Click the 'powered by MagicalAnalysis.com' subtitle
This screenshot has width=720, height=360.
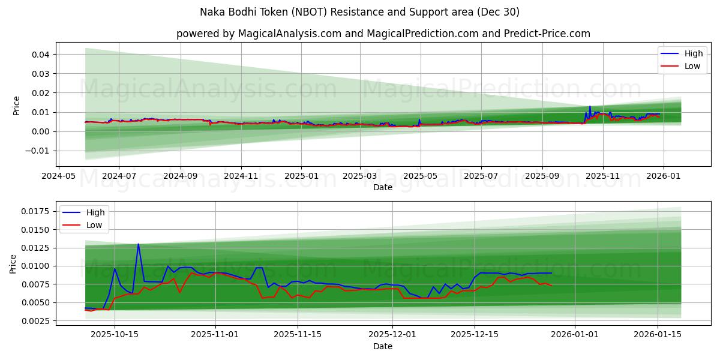[x=383, y=34]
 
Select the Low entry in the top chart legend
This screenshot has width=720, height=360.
[x=692, y=66]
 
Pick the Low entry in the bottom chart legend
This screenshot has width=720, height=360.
[x=94, y=225]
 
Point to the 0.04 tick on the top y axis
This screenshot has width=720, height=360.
[x=40, y=55]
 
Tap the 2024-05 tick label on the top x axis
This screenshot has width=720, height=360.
[x=58, y=177]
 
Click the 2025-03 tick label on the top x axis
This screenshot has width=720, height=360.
[x=359, y=177]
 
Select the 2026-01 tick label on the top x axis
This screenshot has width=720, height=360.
[x=664, y=177]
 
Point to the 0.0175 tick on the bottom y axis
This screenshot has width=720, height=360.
[x=35, y=211]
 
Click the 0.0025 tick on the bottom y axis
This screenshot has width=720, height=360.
[x=35, y=321]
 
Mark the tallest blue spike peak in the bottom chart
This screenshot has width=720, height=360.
[x=139, y=244]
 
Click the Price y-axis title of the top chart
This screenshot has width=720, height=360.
[x=16, y=105]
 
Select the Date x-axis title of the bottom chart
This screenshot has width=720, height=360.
[x=383, y=346]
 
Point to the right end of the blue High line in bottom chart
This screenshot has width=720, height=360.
[x=551, y=273]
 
